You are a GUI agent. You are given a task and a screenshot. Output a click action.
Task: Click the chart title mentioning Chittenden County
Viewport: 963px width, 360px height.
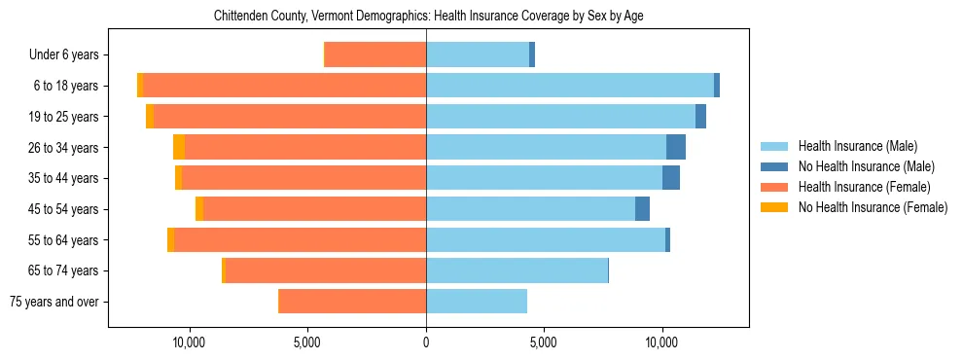428,16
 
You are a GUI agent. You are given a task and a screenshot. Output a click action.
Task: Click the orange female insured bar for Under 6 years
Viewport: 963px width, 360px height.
374,54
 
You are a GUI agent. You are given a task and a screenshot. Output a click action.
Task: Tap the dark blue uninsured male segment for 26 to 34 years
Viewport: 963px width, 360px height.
675,147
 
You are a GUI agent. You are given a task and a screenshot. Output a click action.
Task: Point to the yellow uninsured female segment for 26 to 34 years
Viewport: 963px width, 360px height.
179,147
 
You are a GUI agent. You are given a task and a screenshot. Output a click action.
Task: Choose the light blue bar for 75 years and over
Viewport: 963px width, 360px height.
477,302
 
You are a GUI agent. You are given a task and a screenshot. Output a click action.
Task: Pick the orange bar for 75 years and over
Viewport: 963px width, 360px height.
352,302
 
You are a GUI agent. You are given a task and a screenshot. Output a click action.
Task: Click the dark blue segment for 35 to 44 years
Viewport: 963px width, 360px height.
670,178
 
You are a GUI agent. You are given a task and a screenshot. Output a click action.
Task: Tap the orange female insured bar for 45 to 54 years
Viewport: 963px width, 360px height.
314,209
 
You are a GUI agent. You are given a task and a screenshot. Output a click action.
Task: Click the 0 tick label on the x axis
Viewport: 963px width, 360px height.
426,343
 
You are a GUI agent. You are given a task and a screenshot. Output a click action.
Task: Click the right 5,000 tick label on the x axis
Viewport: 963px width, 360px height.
544,343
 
